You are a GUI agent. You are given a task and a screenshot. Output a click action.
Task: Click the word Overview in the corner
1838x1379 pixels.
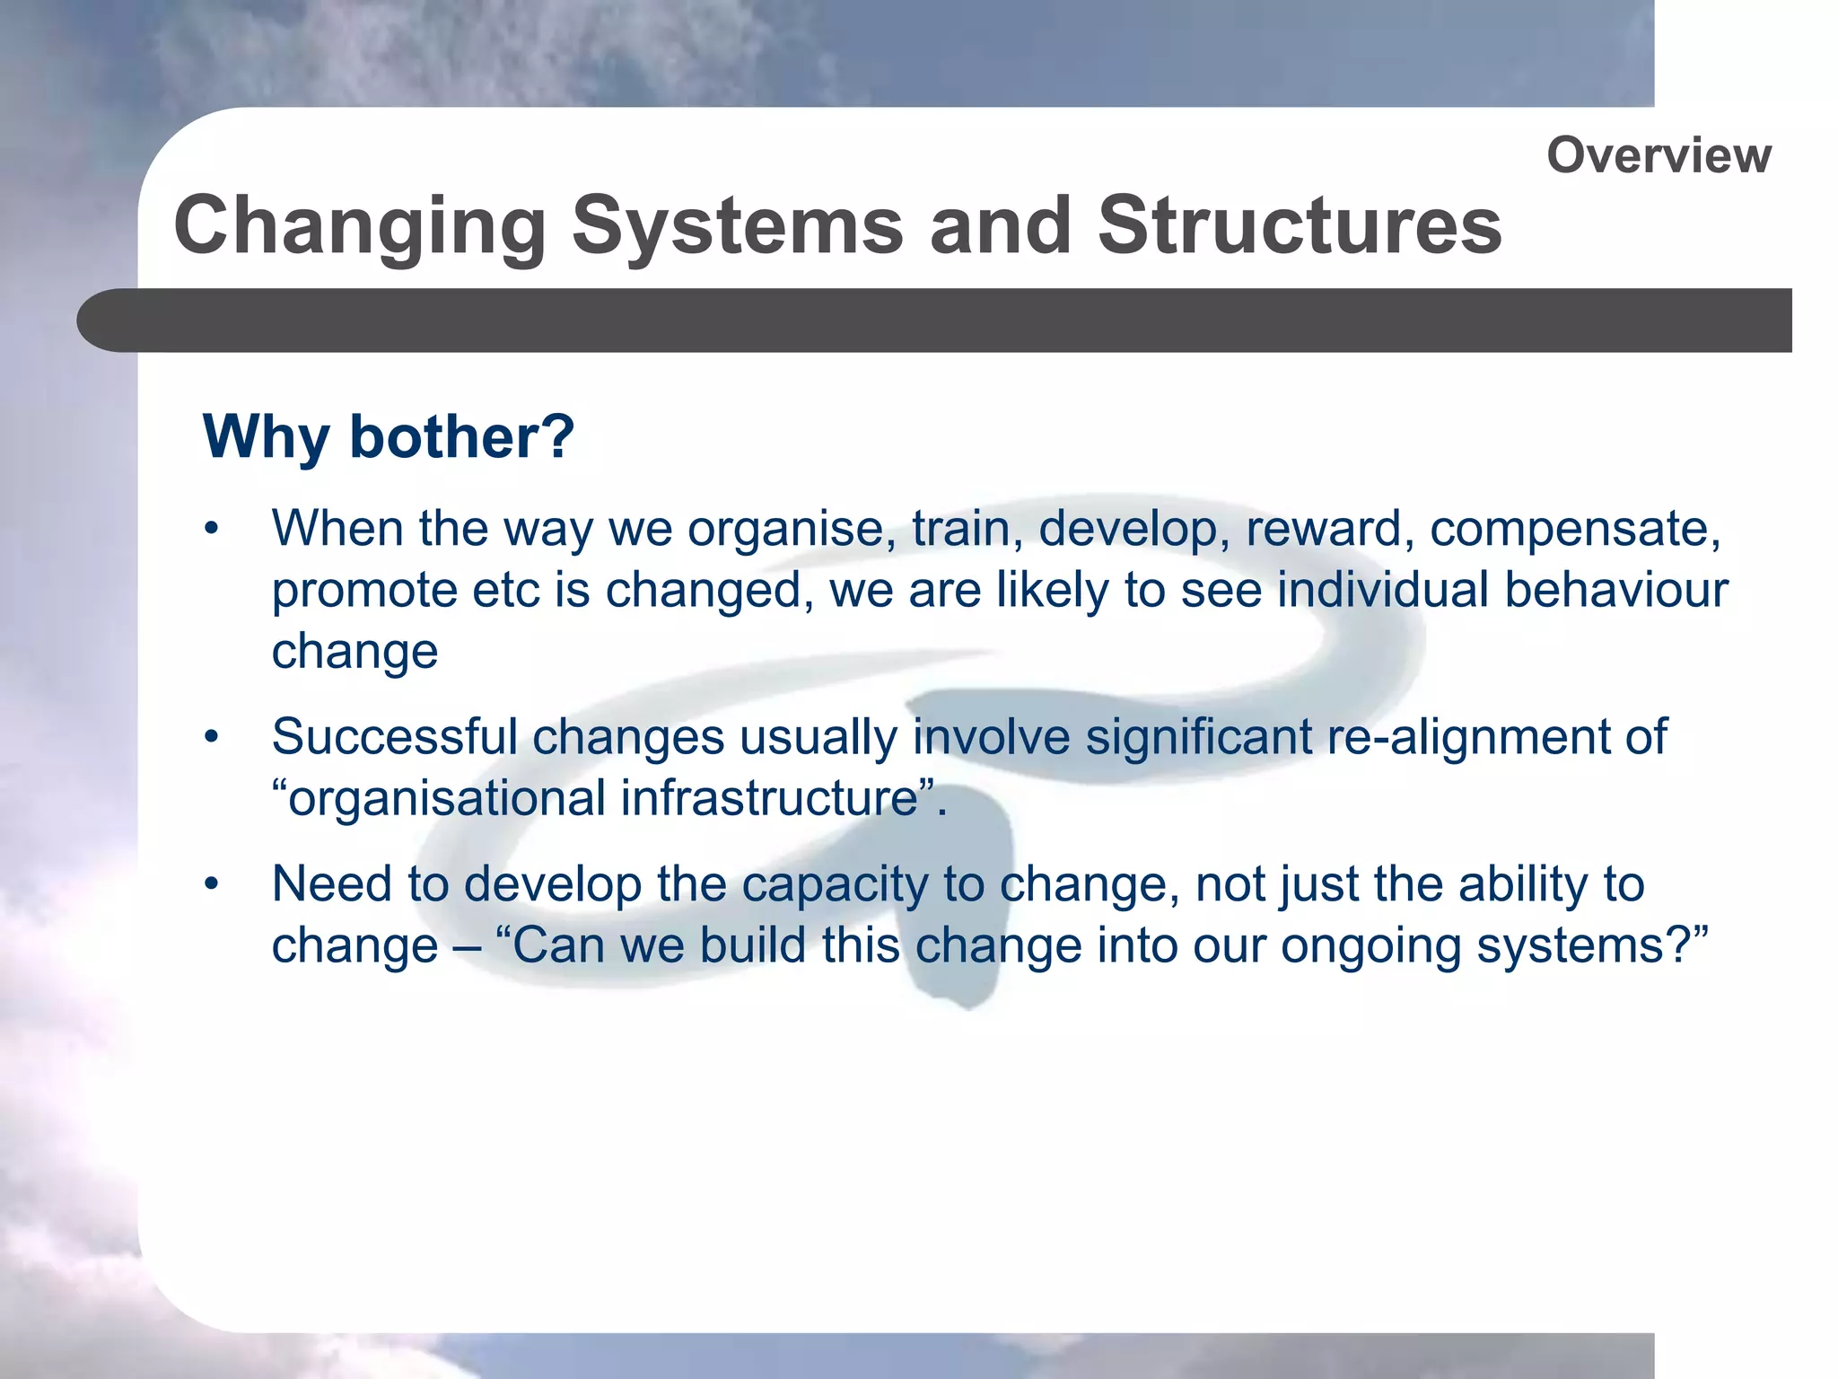1659,155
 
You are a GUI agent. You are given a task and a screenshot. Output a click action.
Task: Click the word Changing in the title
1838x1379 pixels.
360,226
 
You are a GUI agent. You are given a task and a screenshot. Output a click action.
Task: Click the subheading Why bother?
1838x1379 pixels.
389,437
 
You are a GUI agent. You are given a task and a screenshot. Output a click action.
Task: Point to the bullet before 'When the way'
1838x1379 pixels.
212,529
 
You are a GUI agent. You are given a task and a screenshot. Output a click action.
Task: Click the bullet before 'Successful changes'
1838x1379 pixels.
212,738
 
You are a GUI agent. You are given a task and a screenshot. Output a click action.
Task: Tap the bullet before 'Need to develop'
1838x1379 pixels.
212,885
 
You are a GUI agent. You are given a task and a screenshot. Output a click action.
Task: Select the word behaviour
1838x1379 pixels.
1615,590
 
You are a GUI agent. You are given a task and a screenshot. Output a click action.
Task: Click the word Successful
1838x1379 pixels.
395,737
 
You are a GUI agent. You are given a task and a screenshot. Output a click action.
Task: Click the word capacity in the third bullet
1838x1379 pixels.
835,886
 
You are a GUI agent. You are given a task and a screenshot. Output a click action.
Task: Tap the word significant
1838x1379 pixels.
1199,738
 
